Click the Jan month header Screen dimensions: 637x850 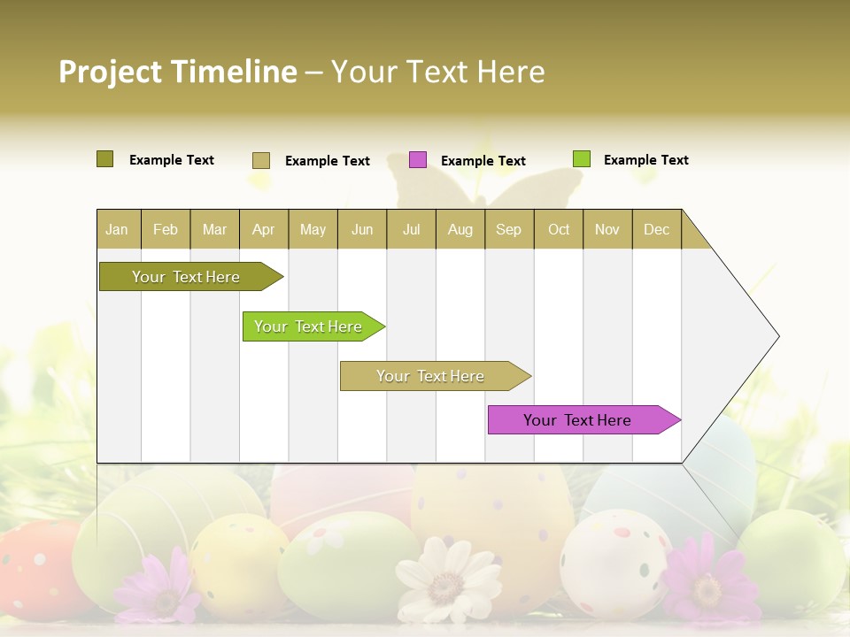(x=118, y=229)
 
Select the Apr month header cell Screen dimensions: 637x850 (x=263, y=229)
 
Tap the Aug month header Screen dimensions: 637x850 (x=460, y=229)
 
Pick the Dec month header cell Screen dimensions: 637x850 (x=656, y=229)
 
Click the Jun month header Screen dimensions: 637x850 (x=361, y=229)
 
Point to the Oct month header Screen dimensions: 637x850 (x=558, y=229)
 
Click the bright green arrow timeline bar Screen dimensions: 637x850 (x=310, y=326)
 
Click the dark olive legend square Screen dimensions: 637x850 (x=104, y=159)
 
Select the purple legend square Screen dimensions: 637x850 (x=418, y=159)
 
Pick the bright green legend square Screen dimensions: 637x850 (x=581, y=159)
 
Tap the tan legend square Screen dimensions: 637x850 (x=260, y=160)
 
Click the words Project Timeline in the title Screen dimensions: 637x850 (x=177, y=72)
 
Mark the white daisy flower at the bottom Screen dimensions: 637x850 (x=447, y=579)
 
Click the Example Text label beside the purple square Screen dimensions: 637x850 (x=483, y=161)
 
